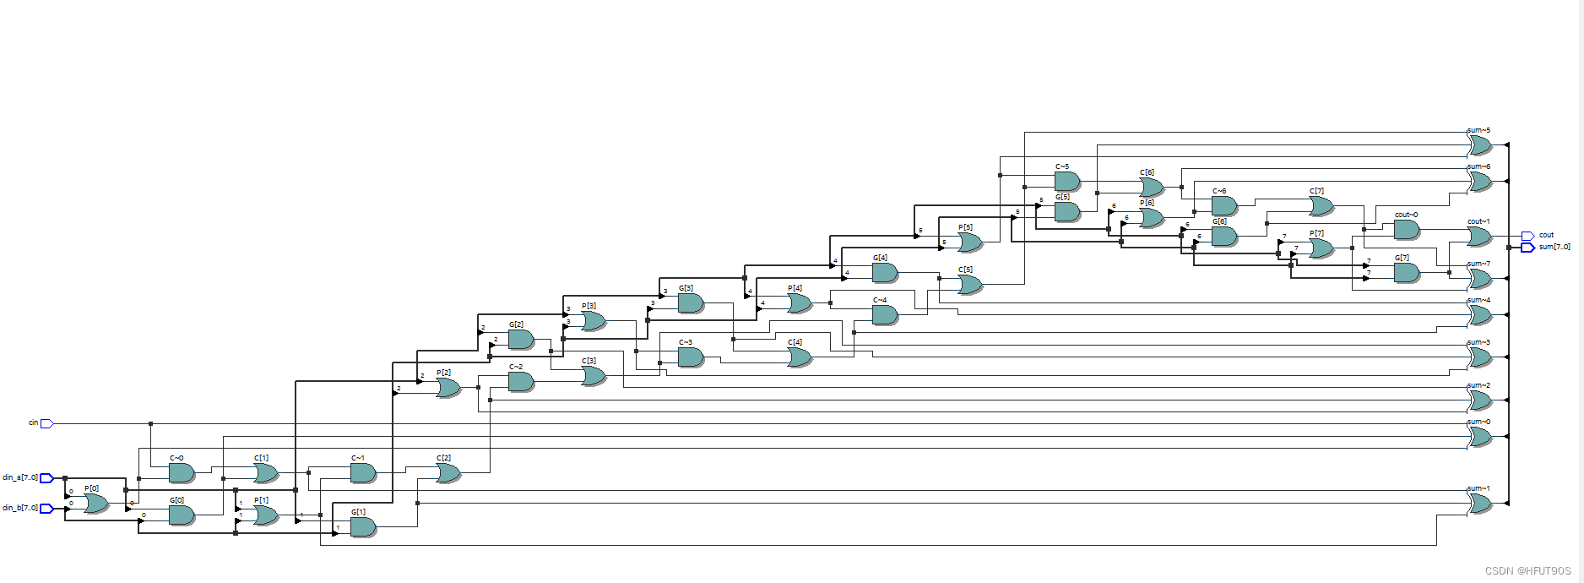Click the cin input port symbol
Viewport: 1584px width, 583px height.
click(x=47, y=423)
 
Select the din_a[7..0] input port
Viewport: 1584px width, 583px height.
click(x=47, y=478)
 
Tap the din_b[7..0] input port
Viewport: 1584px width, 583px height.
click(x=47, y=509)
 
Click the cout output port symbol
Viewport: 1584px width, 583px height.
click(x=1527, y=236)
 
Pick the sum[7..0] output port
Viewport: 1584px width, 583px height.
click(x=1527, y=248)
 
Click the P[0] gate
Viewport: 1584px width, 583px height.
click(x=95, y=504)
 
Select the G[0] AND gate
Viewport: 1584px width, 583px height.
click(x=182, y=515)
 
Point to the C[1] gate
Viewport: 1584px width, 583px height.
click(x=265, y=473)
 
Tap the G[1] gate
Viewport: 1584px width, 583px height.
click(x=362, y=527)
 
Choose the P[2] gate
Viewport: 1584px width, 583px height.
click(x=448, y=388)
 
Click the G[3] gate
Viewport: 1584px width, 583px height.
click(x=690, y=302)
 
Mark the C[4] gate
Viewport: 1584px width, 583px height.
click(x=799, y=357)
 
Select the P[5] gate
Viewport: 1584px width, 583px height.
click(x=969, y=242)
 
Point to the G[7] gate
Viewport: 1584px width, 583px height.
click(x=1406, y=273)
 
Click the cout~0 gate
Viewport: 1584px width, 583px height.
click(x=1406, y=229)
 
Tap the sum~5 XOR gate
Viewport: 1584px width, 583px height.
click(x=1479, y=145)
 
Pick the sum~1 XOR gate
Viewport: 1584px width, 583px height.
click(x=1479, y=504)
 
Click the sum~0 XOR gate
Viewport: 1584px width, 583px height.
click(x=1479, y=437)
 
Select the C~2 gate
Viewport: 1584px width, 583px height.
click(x=520, y=382)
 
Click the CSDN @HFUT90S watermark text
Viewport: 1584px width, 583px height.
click(x=1527, y=571)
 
